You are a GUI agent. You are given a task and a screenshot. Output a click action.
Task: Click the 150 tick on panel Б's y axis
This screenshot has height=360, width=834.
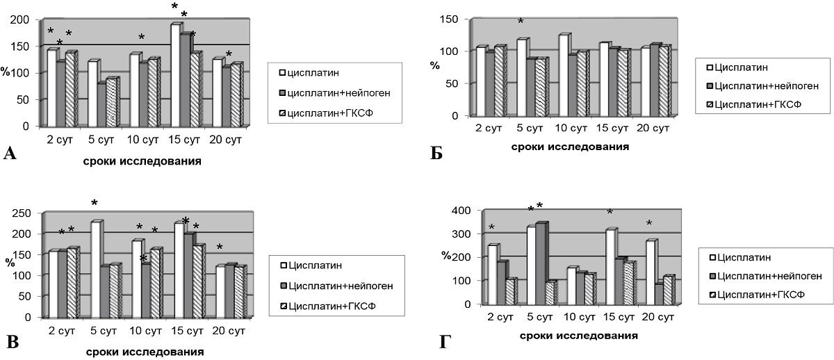click(x=455, y=19)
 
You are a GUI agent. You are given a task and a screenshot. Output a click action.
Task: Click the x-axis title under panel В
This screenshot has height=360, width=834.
click(x=145, y=352)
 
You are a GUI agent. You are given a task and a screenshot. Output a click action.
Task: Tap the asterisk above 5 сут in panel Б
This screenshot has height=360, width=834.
click(x=521, y=23)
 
